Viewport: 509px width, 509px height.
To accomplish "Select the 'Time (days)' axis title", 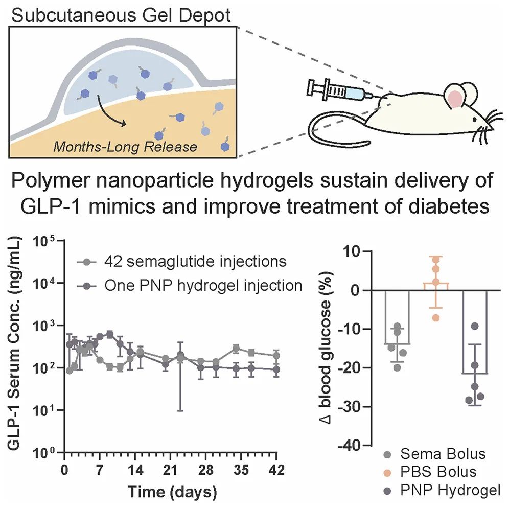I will pyautogui.click(x=170, y=492).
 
